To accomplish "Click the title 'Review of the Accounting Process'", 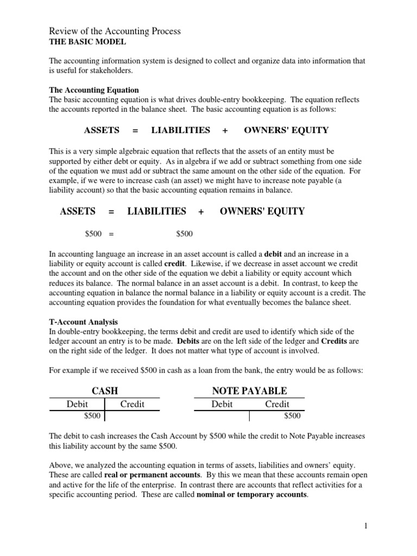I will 115,31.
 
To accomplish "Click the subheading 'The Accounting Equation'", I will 94,90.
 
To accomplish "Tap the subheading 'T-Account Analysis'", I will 83,322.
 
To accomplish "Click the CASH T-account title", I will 105,391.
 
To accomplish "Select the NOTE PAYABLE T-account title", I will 250,391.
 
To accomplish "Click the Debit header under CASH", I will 77,404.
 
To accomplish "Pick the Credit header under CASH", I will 132,404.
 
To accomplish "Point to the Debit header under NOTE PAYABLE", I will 222,404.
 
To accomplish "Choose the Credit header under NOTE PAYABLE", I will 277,404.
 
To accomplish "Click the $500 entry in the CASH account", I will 92,416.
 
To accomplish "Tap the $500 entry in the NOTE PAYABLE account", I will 292,416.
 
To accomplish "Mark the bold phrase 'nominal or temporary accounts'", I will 251,495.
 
